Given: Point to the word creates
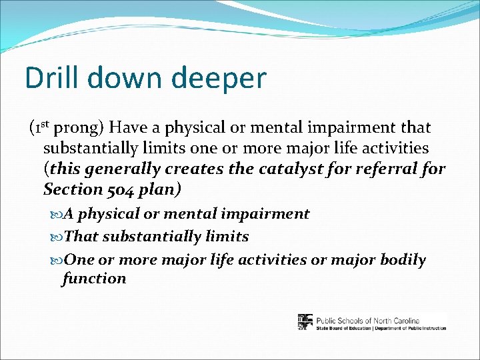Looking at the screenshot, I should (x=197, y=169).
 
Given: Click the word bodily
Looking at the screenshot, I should (x=403, y=260).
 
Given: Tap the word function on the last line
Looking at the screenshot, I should (x=94, y=278).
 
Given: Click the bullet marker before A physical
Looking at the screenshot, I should (x=56, y=215).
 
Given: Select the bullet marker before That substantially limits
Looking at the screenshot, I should (x=56, y=237).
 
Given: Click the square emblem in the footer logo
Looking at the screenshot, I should (x=305, y=322).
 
